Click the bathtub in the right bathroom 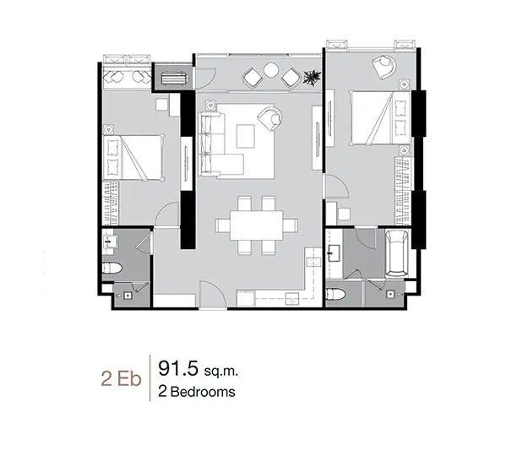[x=397, y=253]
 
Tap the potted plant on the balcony [x=313, y=78]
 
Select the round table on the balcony [x=271, y=70]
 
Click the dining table [x=257, y=225]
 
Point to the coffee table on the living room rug [x=245, y=136]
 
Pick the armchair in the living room [x=269, y=117]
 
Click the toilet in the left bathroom [x=112, y=268]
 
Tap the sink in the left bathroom [x=110, y=242]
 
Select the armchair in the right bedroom [x=384, y=67]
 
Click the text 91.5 [x=177, y=368]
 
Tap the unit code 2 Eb [x=121, y=378]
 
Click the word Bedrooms [x=203, y=392]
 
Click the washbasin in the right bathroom [x=334, y=253]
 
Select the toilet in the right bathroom [x=335, y=295]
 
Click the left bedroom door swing [x=168, y=213]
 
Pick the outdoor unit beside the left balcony [x=172, y=79]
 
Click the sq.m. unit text [x=220, y=372]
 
